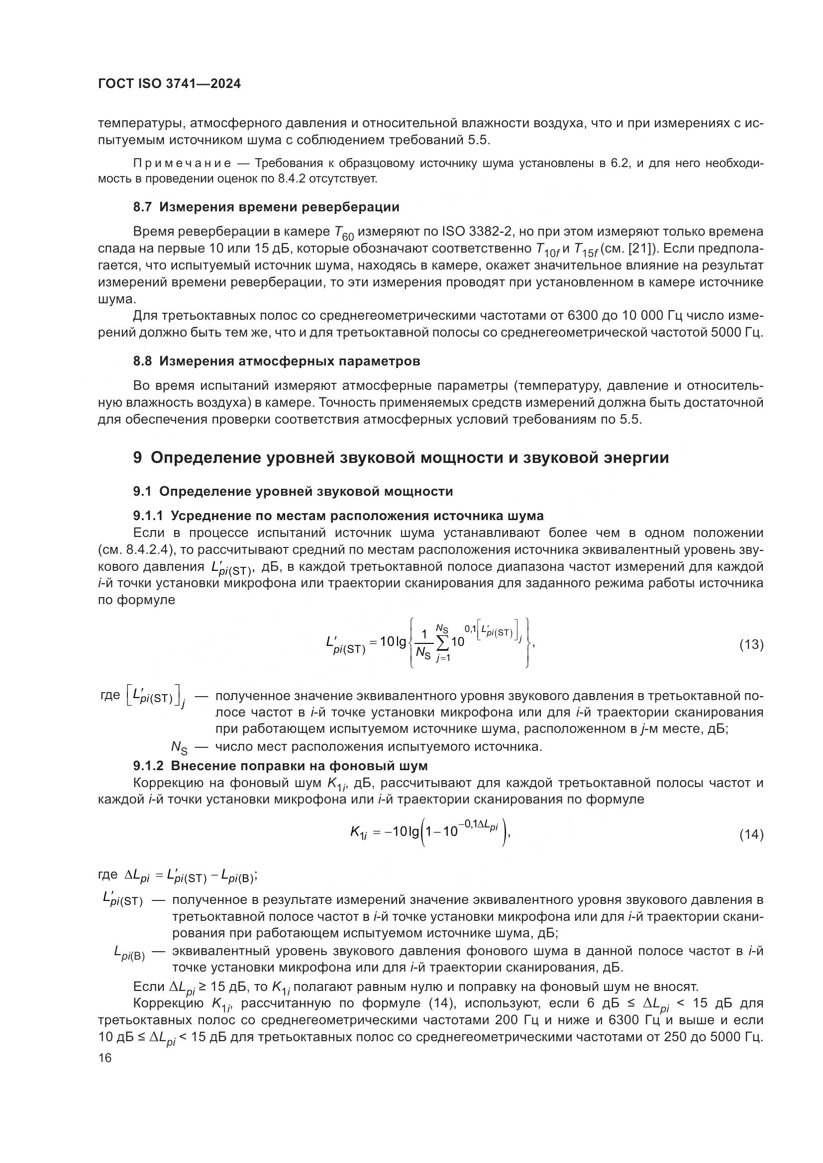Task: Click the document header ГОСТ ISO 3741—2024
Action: [169, 84]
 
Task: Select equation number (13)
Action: [751, 644]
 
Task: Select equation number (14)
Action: [751, 834]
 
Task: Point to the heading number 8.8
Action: [142, 361]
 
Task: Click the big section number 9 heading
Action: [137, 458]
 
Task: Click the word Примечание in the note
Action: [183, 164]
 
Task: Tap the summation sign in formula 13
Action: [442, 644]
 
